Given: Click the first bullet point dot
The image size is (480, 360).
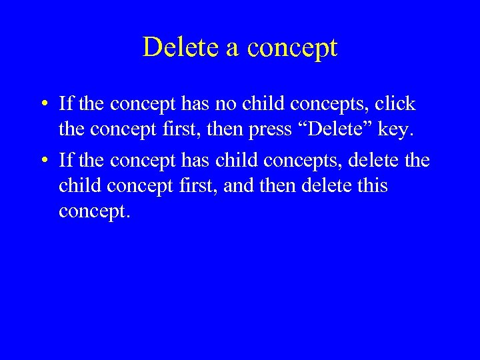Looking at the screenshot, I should [42, 104].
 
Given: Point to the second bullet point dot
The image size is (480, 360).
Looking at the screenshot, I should [42, 161].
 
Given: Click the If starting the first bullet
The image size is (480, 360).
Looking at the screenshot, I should [65, 104].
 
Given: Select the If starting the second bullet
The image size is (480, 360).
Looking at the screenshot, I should [65, 161].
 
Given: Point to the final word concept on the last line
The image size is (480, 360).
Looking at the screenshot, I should [93, 211].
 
